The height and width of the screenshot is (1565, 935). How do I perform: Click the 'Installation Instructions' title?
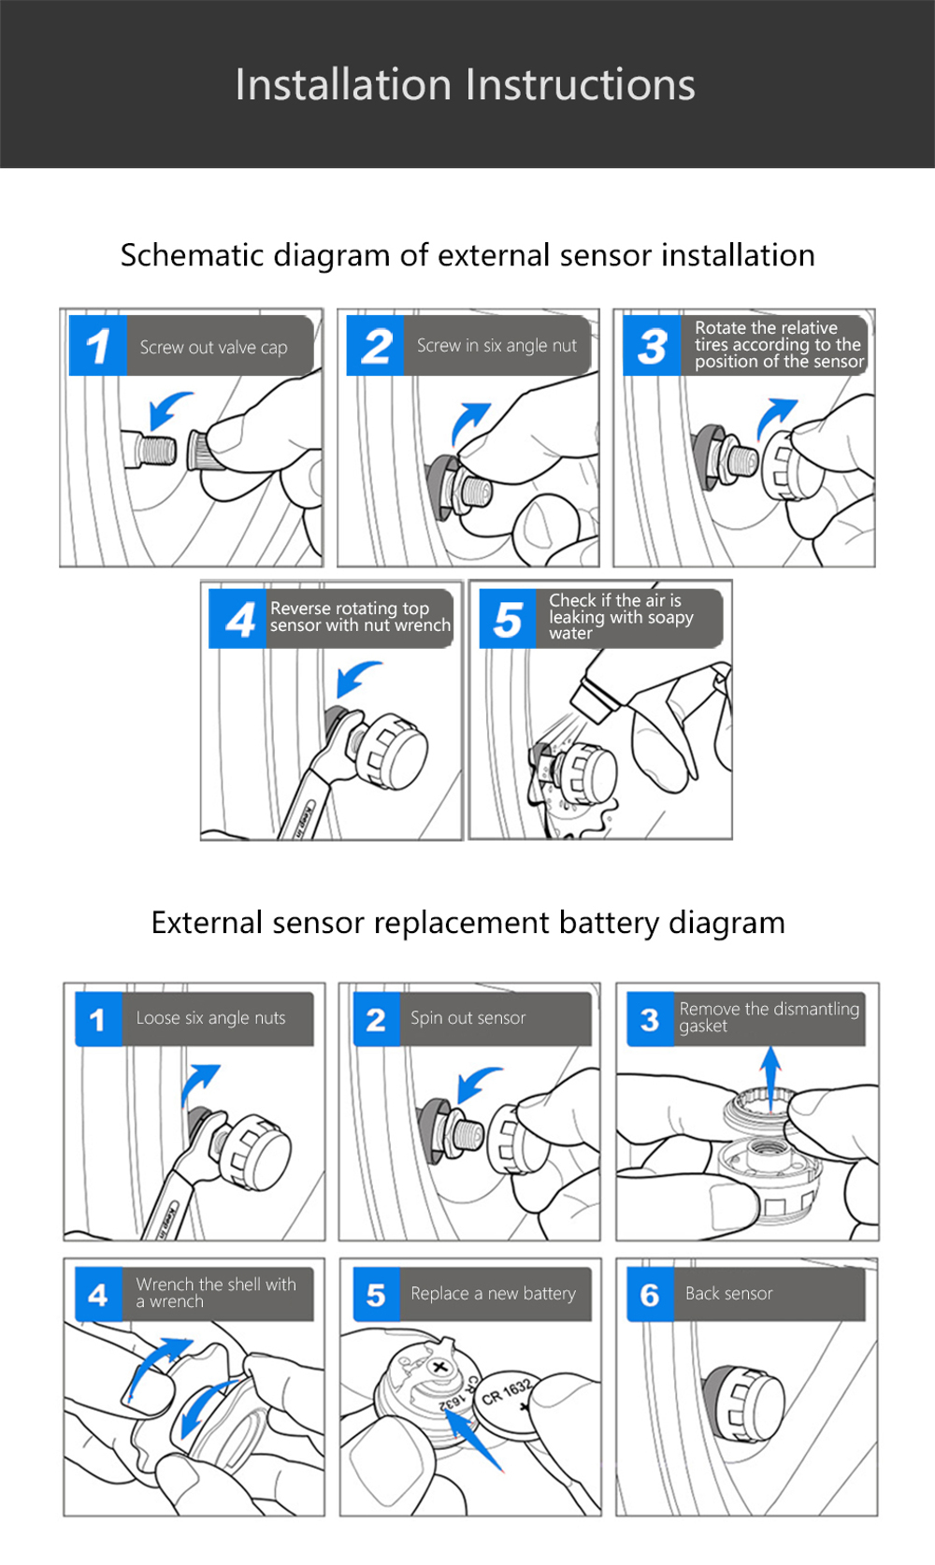point(465,85)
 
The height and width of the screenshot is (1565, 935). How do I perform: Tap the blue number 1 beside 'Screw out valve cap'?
point(98,347)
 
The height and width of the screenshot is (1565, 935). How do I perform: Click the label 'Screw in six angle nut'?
point(496,346)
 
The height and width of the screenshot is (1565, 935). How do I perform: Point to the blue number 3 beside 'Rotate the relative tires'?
point(652,347)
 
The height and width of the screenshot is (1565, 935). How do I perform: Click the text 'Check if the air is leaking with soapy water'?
point(620,617)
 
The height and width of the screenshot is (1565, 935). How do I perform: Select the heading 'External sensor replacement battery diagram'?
point(467,923)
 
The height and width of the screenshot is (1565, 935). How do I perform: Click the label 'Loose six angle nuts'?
point(210,1018)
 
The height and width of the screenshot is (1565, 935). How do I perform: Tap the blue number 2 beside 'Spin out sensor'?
point(376,1019)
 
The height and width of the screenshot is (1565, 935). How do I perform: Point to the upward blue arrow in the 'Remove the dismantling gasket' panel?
point(770,1075)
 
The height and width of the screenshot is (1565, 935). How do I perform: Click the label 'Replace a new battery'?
point(493,1294)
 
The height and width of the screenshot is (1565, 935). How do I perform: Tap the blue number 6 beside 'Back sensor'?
point(650,1295)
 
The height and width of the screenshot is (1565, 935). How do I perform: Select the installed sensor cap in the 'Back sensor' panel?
point(748,1402)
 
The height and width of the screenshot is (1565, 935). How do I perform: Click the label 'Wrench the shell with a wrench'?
point(215,1293)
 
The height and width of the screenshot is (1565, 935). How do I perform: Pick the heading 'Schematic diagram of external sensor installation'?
point(467,255)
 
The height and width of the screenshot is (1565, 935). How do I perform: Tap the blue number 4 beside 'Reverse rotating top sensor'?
point(239,619)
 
